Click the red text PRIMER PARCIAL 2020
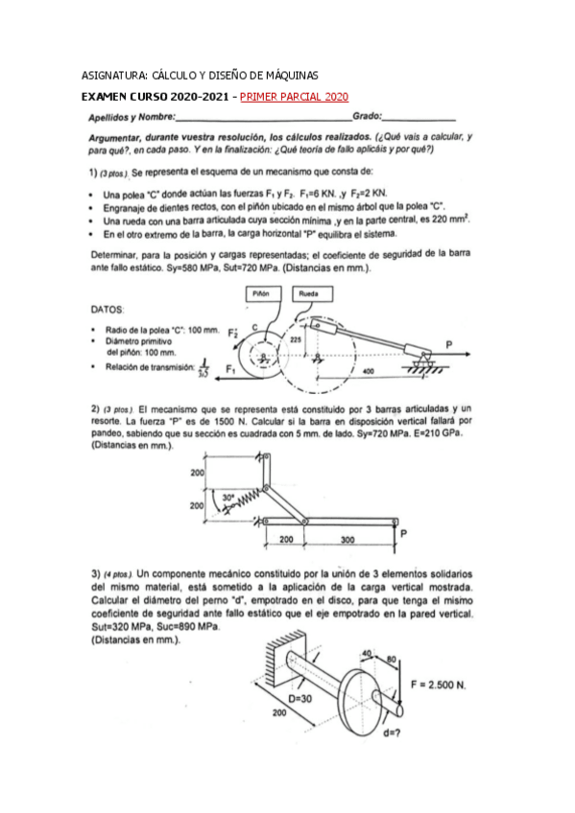pos(294,97)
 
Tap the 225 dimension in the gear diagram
pos(296,338)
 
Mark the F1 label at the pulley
pos(231,367)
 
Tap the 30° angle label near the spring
pos(228,498)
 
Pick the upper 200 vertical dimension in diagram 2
pos(197,474)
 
